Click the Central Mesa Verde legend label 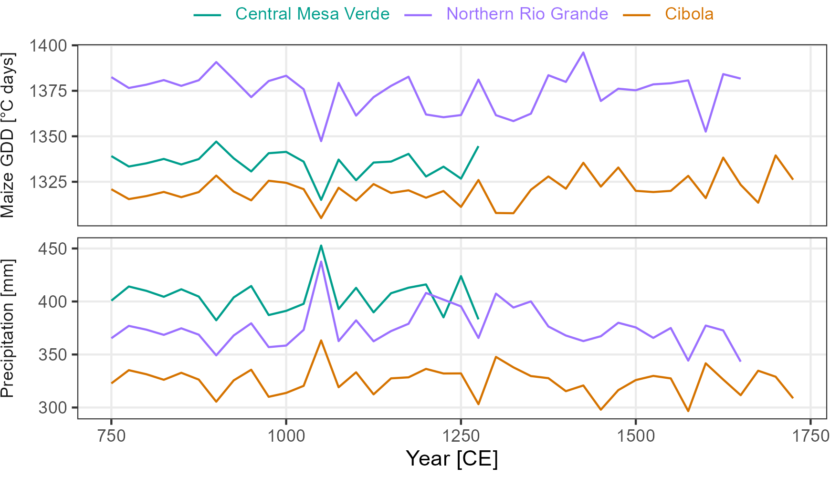point(312,14)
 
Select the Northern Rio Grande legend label point(527,14)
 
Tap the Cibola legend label point(689,14)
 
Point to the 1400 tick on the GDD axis point(48,46)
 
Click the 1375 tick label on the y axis point(48,91)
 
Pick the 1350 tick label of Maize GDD point(48,136)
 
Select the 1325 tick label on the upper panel point(48,182)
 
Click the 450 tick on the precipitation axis point(55,249)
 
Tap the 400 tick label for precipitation point(55,302)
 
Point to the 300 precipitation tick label point(55,408)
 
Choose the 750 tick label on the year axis point(111,436)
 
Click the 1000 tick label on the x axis point(286,436)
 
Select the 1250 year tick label point(461,436)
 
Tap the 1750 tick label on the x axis point(810,436)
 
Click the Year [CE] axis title point(452,459)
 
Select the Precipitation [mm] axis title point(8,328)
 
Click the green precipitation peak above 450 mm point(321,246)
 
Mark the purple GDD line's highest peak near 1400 point(583,52)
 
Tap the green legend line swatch point(207,15)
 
